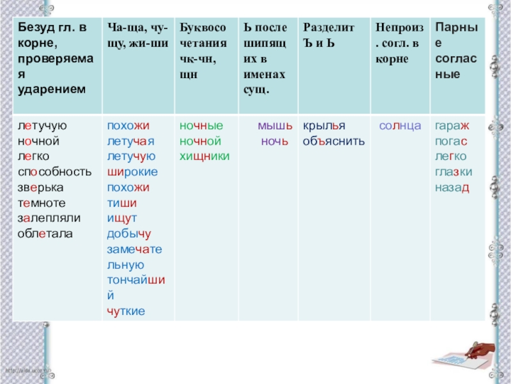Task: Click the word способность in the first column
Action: click(54, 172)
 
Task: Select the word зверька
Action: click(41, 188)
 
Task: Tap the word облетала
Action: click(45, 234)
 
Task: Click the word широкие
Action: click(132, 172)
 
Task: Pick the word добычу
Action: click(129, 234)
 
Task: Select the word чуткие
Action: click(126, 310)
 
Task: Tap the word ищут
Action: click(122, 218)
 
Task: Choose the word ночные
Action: click(201, 126)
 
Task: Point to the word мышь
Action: click(275, 126)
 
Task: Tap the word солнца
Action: click(400, 126)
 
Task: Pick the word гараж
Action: click(452, 126)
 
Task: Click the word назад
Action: click(452, 188)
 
